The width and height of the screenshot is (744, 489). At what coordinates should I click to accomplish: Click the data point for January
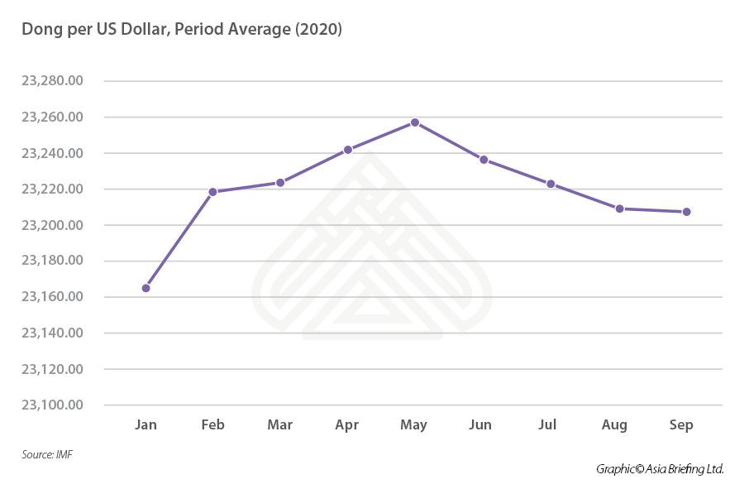point(146,288)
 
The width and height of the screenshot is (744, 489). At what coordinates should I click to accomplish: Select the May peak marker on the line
point(415,122)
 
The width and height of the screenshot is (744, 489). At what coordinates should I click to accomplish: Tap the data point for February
point(212,192)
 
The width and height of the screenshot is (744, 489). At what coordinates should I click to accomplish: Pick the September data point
point(686,212)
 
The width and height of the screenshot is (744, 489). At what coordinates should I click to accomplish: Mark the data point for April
point(348,150)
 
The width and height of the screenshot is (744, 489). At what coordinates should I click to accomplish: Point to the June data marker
point(484,160)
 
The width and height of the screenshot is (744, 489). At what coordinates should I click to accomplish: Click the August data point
point(619,209)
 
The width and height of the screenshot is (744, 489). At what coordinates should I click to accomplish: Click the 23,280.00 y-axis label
point(53,81)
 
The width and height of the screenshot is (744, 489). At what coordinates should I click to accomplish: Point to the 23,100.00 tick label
point(53,405)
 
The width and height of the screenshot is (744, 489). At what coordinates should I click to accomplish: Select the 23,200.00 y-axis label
point(53,225)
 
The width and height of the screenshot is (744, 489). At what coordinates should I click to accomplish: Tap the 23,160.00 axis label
point(53,297)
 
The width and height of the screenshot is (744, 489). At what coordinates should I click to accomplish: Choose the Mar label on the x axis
point(280,425)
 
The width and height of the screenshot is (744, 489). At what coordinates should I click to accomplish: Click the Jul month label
point(547,425)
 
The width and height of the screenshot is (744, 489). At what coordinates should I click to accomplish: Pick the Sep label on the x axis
point(681,425)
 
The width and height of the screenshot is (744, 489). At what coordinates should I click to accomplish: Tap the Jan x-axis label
point(145,425)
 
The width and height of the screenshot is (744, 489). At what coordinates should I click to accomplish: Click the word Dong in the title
point(41,29)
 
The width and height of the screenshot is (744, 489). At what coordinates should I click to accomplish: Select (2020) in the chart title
point(317,29)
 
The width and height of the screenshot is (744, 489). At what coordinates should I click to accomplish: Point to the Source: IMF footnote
point(47,454)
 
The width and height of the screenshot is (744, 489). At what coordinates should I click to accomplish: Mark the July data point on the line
point(551,184)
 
